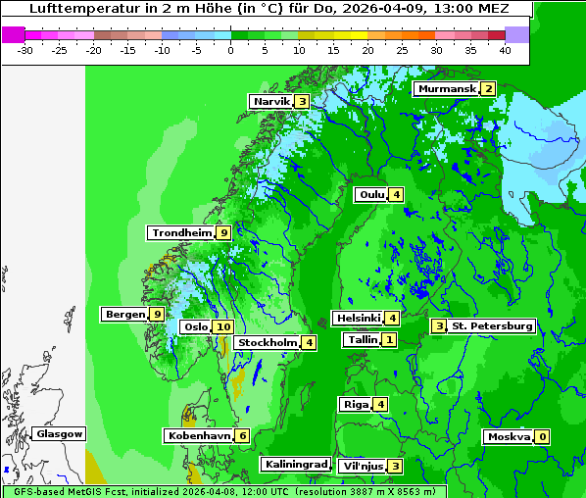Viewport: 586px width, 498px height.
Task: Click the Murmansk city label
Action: click(x=446, y=89)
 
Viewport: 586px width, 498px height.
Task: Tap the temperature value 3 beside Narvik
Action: click(x=302, y=102)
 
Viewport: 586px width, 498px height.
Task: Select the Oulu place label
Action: click(x=370, y=194)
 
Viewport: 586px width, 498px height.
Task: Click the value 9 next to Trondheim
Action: click(x=223, y=232)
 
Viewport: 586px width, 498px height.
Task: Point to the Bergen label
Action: click(x=124, y=314)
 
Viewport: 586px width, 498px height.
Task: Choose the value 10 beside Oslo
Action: click(x=222, y=326)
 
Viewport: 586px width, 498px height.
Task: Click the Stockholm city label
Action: click(x=267, y=342)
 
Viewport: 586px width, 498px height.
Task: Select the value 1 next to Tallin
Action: click(x=389, y=339)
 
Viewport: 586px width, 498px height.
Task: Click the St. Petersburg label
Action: click(x=492, y=325)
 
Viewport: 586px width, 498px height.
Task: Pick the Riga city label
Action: click(x=355, y=404)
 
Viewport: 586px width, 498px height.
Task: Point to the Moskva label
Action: click(x=509, y=436)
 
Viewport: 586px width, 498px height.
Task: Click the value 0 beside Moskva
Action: click(x=541, y=436)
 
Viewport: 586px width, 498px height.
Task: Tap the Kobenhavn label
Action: click(x=197, y=435)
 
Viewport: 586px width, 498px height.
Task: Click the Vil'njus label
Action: click(x=361, y=466)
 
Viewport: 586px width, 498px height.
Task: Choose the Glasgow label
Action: click(x=59, y=433)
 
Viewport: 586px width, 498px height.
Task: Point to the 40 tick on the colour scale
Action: click(x=505, y=49)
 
